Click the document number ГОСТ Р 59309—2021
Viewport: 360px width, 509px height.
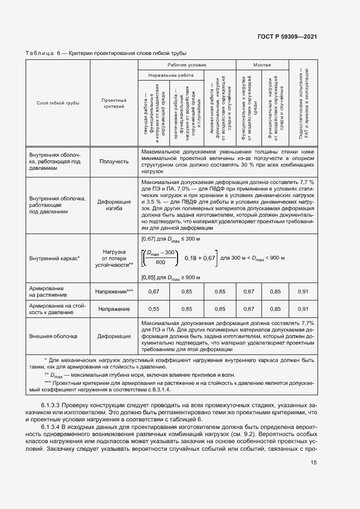tap(286, 36)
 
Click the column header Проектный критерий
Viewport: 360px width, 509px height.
tap(114, 103)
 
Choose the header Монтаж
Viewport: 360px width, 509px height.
tap(262, 65)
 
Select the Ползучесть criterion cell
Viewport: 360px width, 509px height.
tap(114, 161)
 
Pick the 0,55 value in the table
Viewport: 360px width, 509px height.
tap(154, 309)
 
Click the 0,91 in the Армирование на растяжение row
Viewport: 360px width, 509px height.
tap(302, 292)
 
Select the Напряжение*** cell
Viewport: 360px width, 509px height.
tap(114, 292)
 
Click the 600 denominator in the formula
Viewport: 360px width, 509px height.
tap(161, 262)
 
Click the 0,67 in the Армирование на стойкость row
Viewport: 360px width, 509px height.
tap(249, 309)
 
